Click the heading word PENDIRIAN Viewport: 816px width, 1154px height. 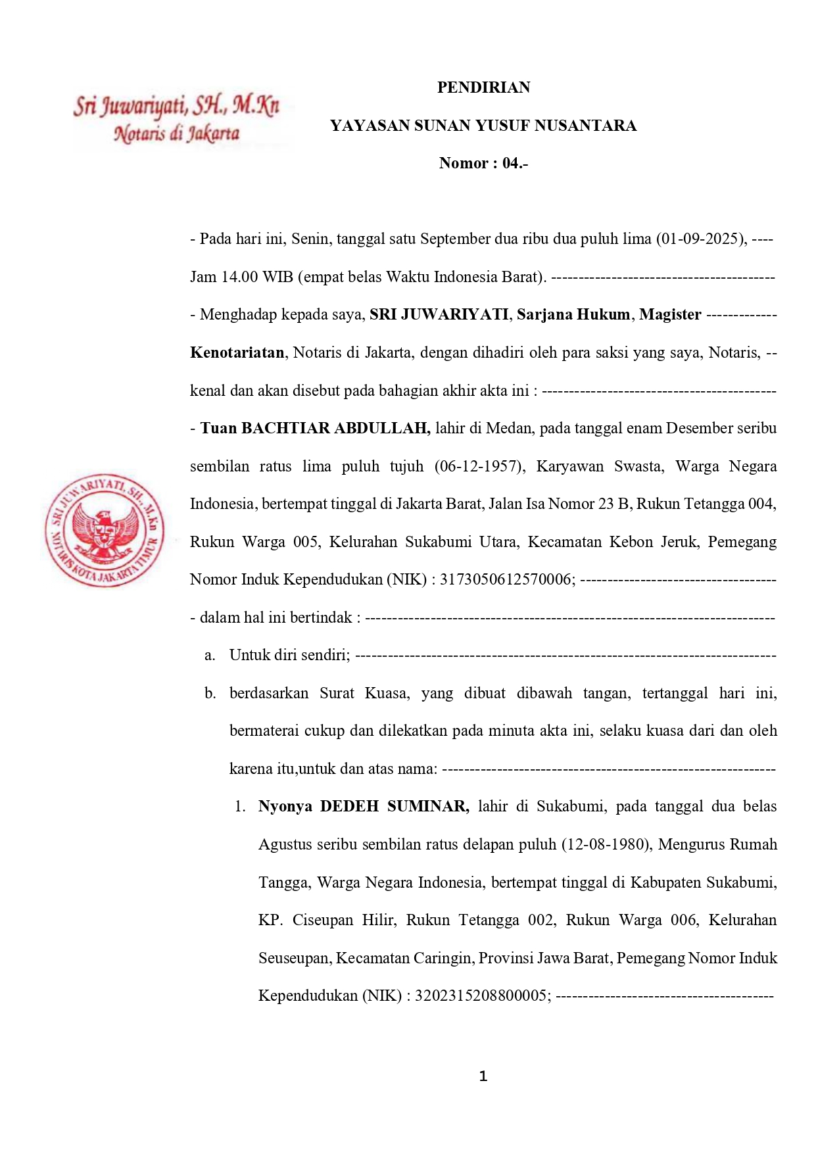[483, 87]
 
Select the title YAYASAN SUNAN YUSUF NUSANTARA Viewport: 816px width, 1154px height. [483, 126]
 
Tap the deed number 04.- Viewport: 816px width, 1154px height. [515, 163]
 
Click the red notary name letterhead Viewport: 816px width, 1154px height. [176, 105]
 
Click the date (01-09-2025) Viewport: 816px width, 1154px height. [701, 239]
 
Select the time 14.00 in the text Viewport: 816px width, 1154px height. [239, 277]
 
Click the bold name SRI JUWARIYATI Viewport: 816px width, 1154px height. [439, 314]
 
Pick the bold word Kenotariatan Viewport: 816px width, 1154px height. [237, 352]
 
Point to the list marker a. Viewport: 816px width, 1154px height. [210, 655]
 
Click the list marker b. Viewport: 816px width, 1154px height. [210, 693]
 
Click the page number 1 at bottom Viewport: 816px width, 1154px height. [483, 1076]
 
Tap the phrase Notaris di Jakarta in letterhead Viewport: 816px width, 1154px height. [176, 133]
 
